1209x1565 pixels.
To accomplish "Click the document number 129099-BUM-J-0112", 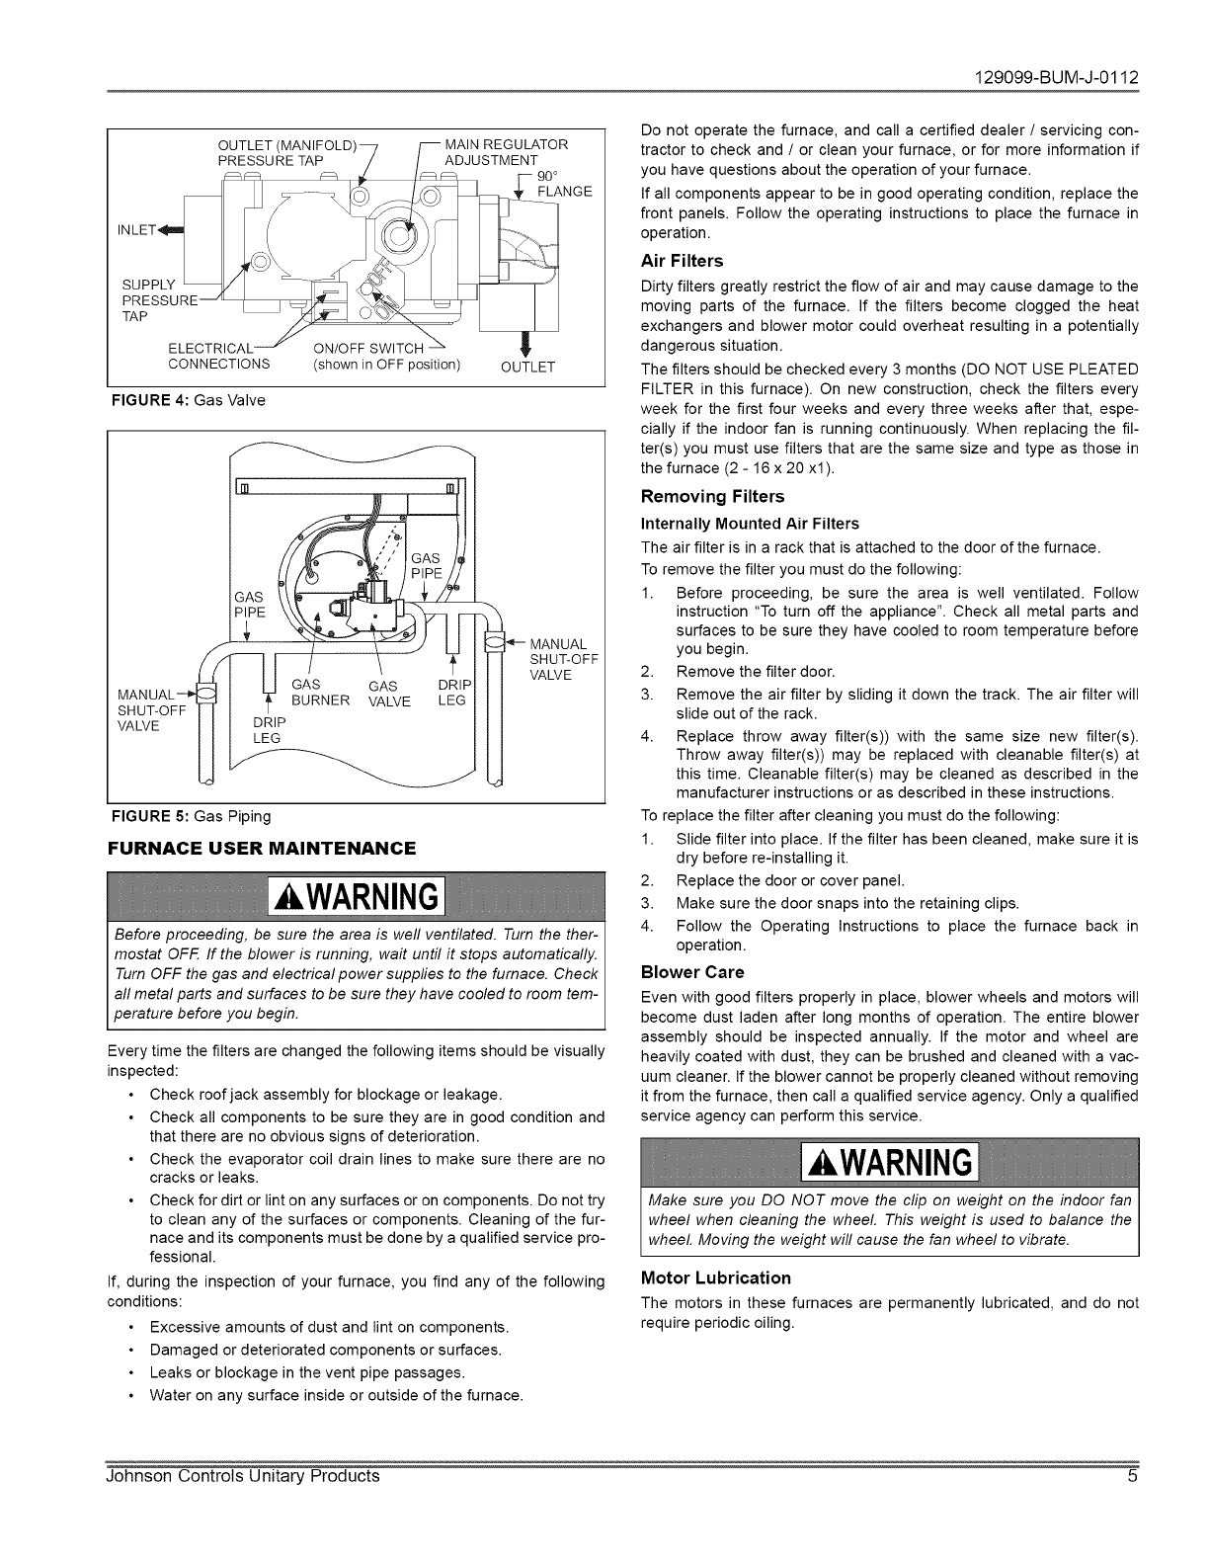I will pos(1057,76).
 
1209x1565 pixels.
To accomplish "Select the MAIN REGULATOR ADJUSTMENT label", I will pos(506,152).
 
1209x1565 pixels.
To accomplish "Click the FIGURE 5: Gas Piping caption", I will pos(189,816).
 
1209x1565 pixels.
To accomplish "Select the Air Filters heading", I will pos(682,261).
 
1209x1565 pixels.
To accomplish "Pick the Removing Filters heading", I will pos(712,496).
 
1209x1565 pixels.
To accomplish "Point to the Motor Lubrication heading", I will pos(716,1277).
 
